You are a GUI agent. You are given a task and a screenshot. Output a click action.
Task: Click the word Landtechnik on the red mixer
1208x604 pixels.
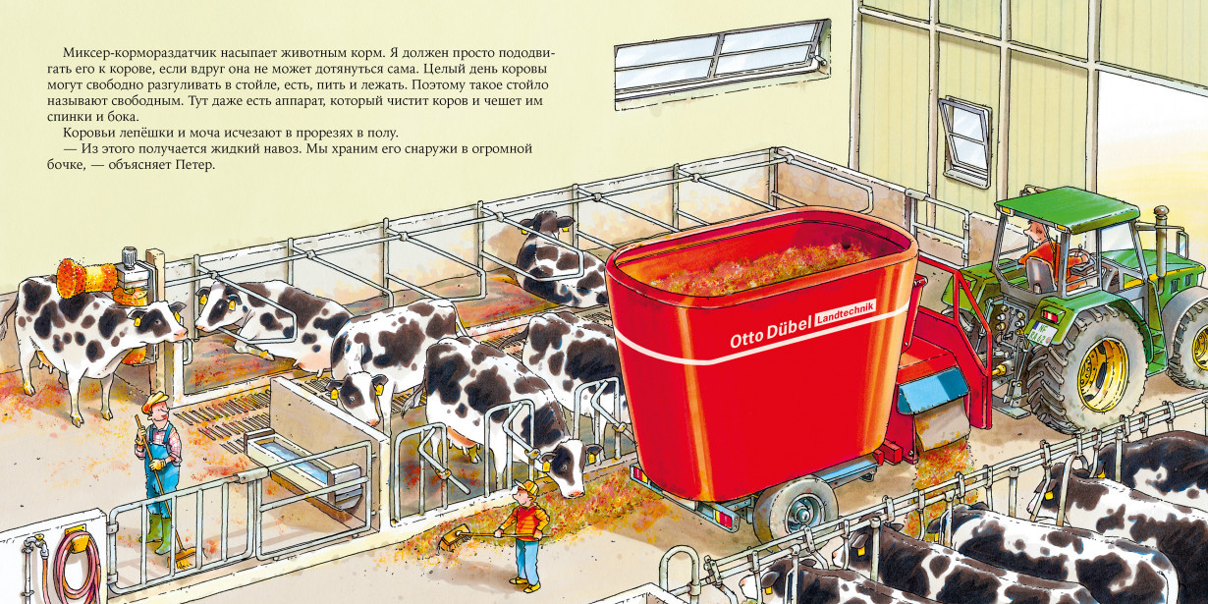pyautogui.click(x=845, y=312)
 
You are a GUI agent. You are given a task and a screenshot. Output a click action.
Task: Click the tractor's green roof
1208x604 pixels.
pyautogui.click(x=1053, y=207)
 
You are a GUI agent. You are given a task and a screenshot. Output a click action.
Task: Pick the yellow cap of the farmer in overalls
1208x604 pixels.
pyautogui.click(x=155, y=400)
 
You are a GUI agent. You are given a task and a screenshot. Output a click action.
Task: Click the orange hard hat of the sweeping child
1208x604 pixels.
pyautogui.click(x=526, y=488)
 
